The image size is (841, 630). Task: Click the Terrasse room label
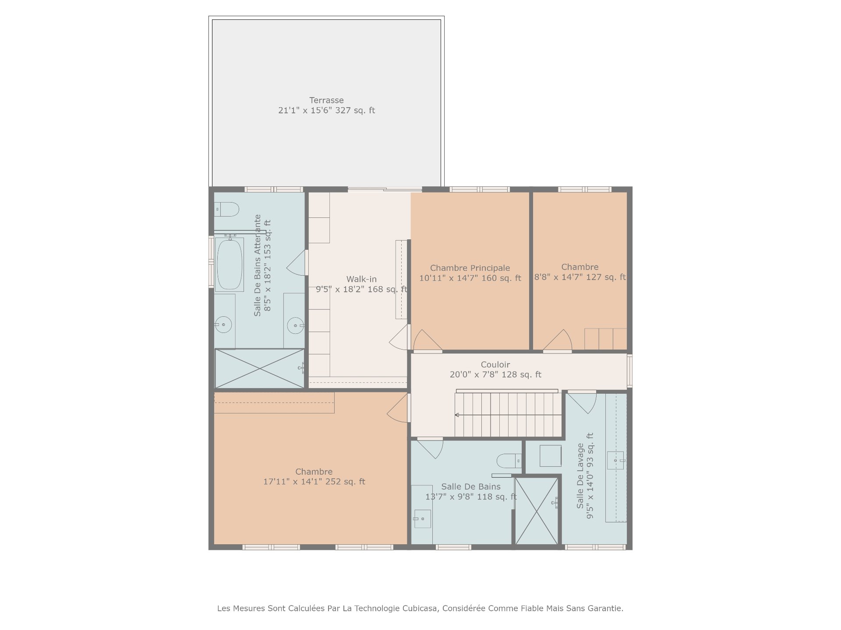pos(326,100)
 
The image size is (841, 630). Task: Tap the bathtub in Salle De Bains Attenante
pos(230,264)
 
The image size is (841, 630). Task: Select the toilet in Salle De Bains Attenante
pos(226,209)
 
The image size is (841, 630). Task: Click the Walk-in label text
pos(361,279)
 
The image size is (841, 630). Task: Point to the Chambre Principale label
pos(470,268)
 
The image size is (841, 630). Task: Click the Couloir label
pos(495,364)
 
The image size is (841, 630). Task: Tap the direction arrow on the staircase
pos(508,415)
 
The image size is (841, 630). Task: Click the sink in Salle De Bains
pos(422,519)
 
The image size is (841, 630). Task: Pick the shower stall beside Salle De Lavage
pos(537,511)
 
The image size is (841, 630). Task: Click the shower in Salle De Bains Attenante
pos(259,368)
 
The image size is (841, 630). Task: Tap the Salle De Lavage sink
pos(615,461)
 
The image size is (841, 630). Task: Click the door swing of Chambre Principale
pos(428,340)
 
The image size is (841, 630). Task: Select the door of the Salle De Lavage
pos(582,402)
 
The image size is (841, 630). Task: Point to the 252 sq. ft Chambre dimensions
pos(314,482)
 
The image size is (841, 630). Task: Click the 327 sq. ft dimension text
pos(326,110)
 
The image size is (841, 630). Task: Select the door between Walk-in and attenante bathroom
pos(297,262)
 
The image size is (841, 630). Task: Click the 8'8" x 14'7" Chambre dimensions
pos(580,277)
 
